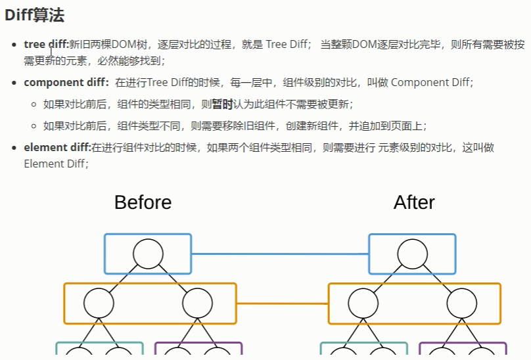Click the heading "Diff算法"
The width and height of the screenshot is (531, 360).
(34, 14)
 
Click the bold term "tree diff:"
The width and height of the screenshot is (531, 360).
(46, 45)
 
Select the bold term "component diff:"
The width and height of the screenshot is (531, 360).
(66, 82)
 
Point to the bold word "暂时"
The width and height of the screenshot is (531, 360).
(222, 104)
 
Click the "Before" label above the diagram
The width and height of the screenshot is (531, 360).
(143, 202)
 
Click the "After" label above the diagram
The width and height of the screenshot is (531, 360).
(414, 202)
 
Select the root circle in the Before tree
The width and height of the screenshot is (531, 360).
(148, 254)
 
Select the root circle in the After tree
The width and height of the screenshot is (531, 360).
(413, 254)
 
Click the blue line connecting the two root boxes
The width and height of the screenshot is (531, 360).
(280, 254)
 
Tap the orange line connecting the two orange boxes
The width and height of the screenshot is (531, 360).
(282, 304)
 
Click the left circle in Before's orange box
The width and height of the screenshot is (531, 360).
(99, 304)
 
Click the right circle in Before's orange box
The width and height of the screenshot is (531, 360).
(197, 304)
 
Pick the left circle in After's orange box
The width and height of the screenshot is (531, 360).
(363, 304)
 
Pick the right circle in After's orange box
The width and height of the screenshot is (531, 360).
(462, 304)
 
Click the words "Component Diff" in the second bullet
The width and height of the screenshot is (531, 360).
(430, 82)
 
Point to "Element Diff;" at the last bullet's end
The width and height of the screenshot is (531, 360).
(56, 164)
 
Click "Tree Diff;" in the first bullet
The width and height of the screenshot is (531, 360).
(289, 45)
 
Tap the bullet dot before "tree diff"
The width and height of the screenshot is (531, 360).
(15, 45)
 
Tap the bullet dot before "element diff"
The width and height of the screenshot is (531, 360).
(15, 147)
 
